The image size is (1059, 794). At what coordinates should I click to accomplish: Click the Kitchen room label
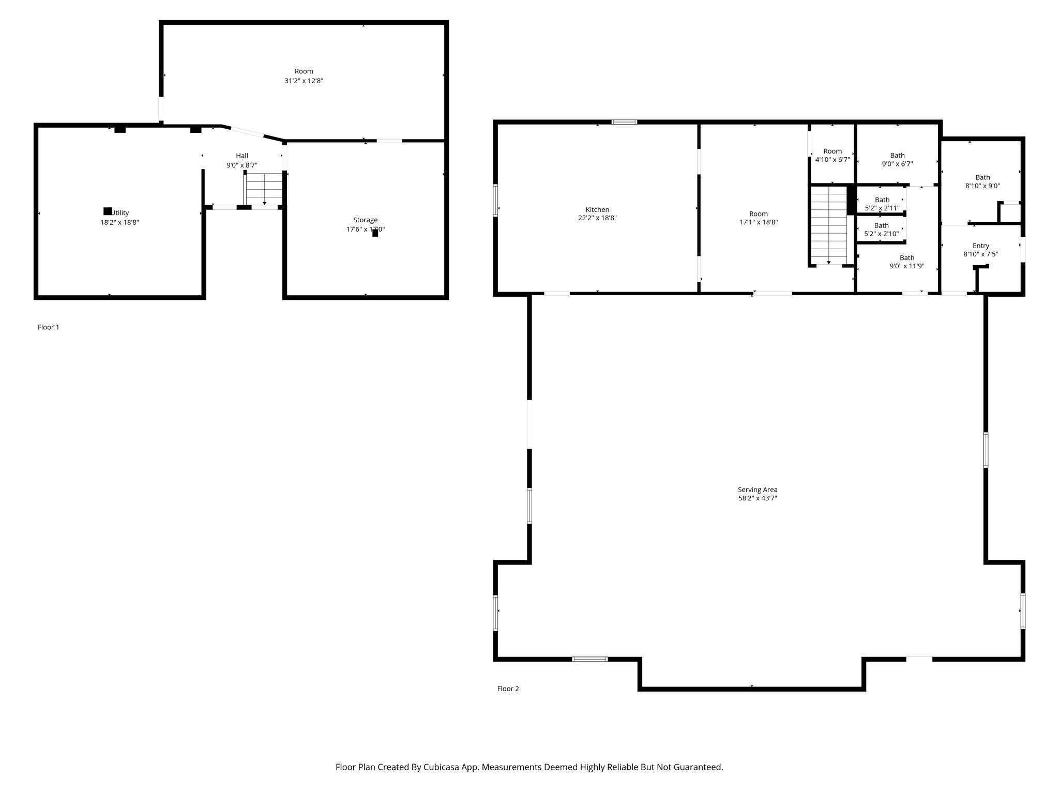(597, 209)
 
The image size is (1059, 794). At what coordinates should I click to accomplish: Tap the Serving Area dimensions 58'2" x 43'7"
(758, 498)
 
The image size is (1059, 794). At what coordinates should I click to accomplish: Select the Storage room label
(365, 220)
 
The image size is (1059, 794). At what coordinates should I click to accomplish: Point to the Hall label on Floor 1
(242, 156)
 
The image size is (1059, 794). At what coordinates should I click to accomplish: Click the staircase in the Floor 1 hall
(264, 189)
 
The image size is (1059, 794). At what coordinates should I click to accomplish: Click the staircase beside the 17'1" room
(828, 225)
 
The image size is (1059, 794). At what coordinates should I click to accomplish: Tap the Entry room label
(980, 246)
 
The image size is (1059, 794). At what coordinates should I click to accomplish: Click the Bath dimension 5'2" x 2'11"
(882, 208)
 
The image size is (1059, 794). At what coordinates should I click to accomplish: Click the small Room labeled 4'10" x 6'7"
(833, 151)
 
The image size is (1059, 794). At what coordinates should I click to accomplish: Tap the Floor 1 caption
(49, 327)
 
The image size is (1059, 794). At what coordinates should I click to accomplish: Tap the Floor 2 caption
(508, 689)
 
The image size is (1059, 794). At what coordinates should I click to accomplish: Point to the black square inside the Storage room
(375, 233)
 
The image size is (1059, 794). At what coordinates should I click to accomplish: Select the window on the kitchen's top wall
(624, 122)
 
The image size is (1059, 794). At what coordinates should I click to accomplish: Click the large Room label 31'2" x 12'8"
(304, 71)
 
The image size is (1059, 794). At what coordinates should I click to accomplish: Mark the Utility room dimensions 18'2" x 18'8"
(119, 222)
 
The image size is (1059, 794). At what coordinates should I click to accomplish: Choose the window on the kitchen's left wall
(495, 200)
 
